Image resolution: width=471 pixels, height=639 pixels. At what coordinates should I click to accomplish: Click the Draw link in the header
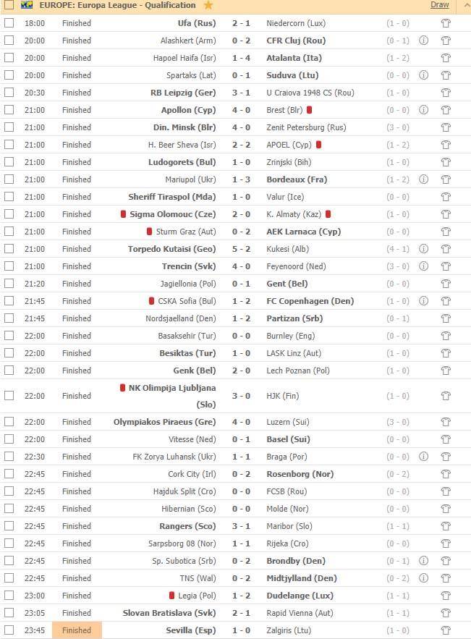440,5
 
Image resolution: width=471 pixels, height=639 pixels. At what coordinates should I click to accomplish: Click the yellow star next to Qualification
208,5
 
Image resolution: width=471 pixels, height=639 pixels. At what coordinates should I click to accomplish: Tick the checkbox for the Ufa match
9,23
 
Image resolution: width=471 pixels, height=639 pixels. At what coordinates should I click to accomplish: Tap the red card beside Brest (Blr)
309,110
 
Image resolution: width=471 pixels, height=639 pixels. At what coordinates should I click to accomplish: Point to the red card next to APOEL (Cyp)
318,145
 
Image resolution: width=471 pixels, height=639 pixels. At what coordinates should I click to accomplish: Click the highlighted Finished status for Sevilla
77,630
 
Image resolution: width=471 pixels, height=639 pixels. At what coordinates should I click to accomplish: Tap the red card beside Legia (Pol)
171,596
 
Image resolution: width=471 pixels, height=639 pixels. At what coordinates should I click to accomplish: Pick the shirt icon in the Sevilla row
446,630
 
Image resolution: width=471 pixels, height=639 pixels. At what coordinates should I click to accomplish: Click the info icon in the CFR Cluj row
423,41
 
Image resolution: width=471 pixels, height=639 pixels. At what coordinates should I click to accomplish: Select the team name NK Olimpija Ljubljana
161,388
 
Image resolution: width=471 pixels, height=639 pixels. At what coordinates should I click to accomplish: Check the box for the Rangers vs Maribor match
9,526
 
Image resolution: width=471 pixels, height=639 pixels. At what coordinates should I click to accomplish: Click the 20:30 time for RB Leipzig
35,93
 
